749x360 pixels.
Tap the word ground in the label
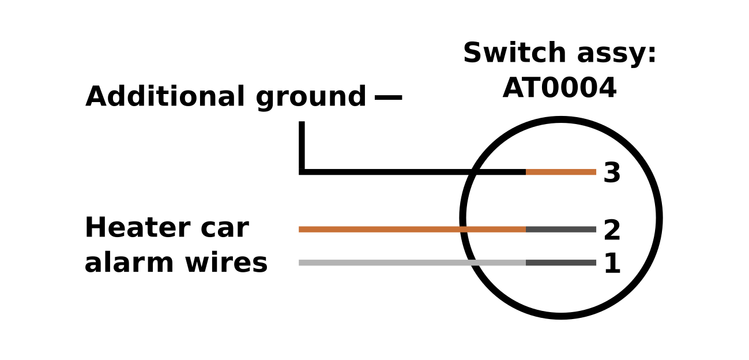coord(311,97)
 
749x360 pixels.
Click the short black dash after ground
coord(388,97)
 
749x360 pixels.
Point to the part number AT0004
coord(559,89)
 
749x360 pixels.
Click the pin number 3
coord(612,173)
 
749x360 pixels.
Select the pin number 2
coord(612,231)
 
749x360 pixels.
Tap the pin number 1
coord(612,264)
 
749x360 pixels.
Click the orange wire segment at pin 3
coord(560,172)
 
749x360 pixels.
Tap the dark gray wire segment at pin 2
coord(560,230)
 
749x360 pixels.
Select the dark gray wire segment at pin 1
coord(560,263)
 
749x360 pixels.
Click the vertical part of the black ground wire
coord(302,144)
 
